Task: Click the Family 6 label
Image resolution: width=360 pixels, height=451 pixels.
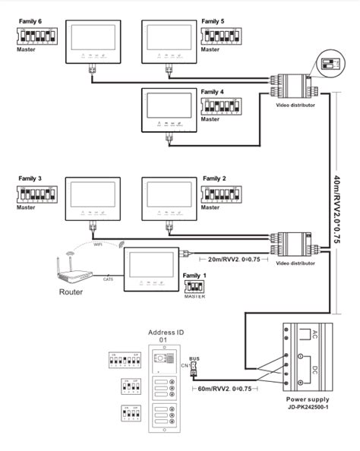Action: pos(30,24)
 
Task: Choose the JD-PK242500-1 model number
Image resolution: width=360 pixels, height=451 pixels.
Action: pos(308,406)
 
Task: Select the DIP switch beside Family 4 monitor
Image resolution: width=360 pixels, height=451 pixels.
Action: pos(220,109)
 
